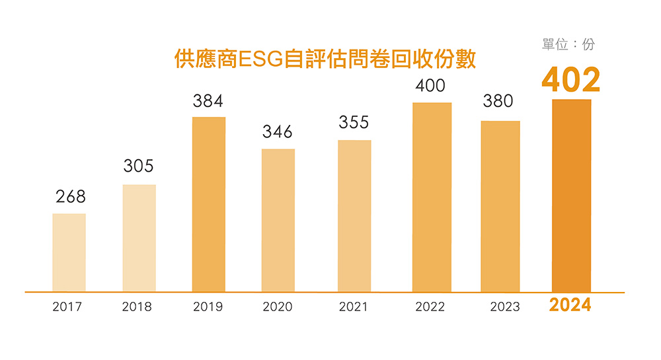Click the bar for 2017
(69, 252)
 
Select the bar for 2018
(139, 238)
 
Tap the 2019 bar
(208, 204)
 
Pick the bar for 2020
(278, 220)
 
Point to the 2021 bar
(354, 216)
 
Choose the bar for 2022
(432, 197)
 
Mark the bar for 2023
(500, 206)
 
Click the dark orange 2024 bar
(571, 196)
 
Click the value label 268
(71, 197)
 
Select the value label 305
(139, 166)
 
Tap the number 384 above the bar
(208, 101)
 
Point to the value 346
(278, 132)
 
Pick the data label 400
(430, 86)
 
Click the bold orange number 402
(570, 80)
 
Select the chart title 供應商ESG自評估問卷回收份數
(325, 60)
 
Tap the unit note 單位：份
(568, 44)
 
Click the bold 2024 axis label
(570, 306)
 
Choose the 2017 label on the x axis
(67, 307)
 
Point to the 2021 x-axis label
(353, 307)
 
